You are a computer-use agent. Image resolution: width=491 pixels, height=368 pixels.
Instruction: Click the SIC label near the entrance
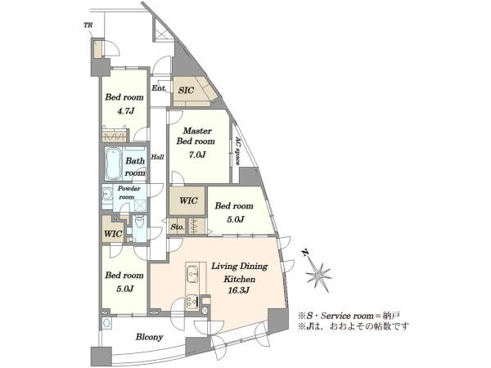(x=186, y=91)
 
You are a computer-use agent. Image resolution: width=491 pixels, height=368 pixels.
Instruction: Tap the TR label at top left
(x=88, y=25)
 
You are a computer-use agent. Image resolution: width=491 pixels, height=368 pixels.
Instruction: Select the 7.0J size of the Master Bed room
(x=196, y=155)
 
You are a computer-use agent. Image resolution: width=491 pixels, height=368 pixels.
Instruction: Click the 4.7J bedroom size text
(x=125, y=110)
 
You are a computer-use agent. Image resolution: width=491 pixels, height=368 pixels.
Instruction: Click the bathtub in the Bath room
(x=113, y=164)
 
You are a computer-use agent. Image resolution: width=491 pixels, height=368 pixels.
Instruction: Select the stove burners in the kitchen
(x=192, y=301)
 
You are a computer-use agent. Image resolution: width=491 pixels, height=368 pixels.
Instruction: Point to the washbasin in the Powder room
(x=107, y=195)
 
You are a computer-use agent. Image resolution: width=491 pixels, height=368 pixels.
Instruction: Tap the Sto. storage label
(x=178, y=227)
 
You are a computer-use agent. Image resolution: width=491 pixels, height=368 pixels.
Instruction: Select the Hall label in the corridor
(x=157, y=157)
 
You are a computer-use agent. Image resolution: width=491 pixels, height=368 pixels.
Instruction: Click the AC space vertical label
(x=238, y=151)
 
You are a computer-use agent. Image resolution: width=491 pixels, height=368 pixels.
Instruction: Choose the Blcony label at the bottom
(x=150, y=337)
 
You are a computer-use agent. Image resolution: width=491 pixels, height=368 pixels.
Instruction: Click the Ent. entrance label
(x=159, y=88)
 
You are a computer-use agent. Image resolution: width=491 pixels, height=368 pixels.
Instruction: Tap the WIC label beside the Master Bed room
(x=188, y=200)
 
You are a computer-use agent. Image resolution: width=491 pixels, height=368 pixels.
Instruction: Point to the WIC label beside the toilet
(x=113, y=234)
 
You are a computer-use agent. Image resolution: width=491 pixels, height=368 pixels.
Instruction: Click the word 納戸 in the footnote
(x=393, y=316)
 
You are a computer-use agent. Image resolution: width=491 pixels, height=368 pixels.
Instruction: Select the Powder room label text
(x=128, y=193)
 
